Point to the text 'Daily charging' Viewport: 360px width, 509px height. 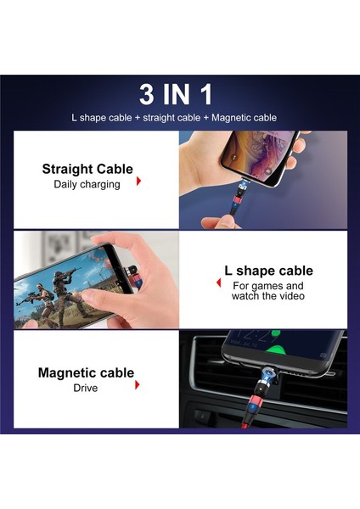pos(87,184)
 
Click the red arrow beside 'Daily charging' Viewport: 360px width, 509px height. pos(138,181)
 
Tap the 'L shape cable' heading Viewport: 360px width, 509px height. pos(267,271)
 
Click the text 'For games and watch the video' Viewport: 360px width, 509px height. pos(267,290)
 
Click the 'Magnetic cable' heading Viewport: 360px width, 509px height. pos(86,372)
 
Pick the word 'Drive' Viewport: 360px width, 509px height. pos(86,388)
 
